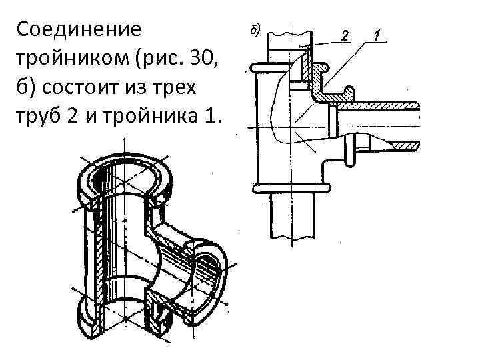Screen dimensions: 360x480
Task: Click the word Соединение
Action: coord(79,30)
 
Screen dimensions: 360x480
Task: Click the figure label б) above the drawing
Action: coord(255,30)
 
